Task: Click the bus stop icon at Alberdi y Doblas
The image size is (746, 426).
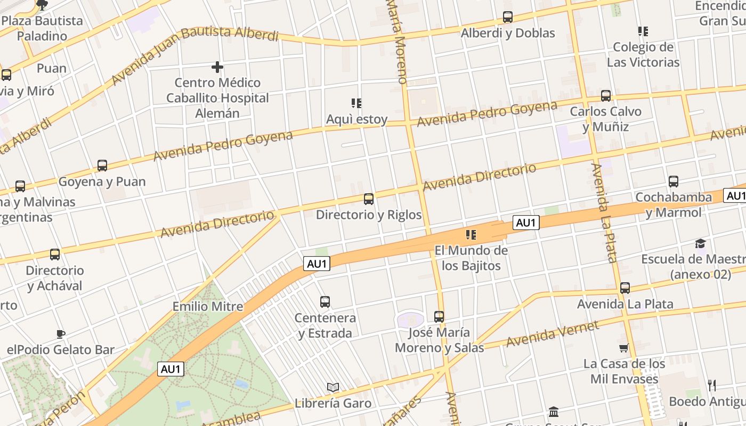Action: click(507, 17)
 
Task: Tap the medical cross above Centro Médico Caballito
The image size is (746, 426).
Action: click(217, 67)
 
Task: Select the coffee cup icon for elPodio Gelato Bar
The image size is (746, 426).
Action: click(61, 334)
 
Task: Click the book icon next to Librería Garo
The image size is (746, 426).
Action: click(333, 387)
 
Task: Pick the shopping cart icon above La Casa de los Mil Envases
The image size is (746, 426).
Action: click(624, 348)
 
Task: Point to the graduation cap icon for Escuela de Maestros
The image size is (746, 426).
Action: click(700, 243)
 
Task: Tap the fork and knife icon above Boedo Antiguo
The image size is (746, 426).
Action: click(711, 385)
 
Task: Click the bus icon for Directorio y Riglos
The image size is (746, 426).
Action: click(368, 199)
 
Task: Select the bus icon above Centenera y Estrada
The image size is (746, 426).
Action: click(325, 302)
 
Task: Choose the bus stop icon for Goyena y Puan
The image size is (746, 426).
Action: click(102, 166)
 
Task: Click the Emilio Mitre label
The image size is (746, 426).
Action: click(208, 307)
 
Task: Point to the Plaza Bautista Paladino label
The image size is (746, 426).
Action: click(43, 29)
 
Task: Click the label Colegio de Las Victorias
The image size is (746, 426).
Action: click(643, 54)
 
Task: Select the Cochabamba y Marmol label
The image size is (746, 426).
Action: click(674, 205)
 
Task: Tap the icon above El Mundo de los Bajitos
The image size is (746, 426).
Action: click(471, 234)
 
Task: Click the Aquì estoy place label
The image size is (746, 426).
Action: click(357, 119)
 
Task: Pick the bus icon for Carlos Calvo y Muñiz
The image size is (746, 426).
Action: click(606, 96)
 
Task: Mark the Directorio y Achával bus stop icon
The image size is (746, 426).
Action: click(55, 255)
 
